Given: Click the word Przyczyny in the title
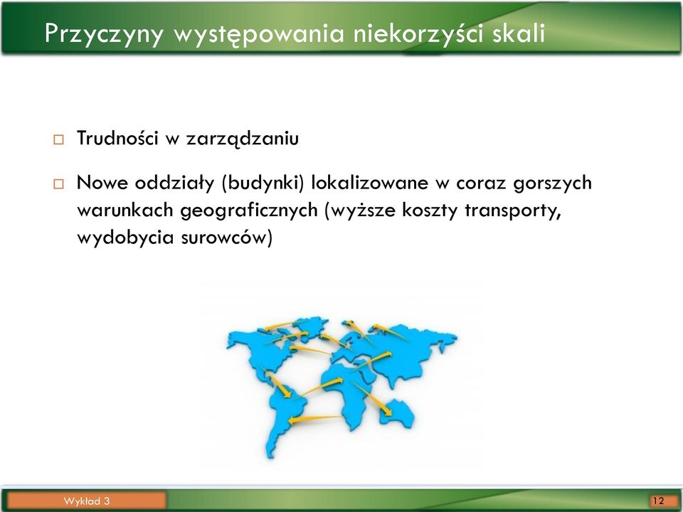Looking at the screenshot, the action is pyautogui.click(x=104, y=33).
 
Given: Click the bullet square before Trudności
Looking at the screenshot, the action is pyautogui.click(x=58, y=140).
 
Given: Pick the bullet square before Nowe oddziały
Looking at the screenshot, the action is pyautogui.click(x=58, y=183).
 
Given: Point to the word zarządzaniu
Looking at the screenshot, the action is pyautogui.click(x=242, y=139).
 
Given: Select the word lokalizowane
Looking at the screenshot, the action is pyautogui.click(x=369, y=182).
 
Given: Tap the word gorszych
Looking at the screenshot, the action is pyautogui.click(x=552, y=183).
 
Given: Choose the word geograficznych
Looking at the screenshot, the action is pyautogui.click(x=249, y=210).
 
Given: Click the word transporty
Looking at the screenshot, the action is pyautogui.click(x=512, y=210).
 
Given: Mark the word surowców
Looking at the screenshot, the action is pyautogui.click(x=226, y=238).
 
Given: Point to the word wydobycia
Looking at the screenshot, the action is pyautogui.click(x=125, y=238).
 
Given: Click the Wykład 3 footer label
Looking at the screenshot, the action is pyautogui.click(x=86, y=501).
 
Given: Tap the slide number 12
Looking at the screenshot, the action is pyautogui.click(x=658, y=501).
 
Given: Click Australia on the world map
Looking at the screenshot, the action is pyautogui.click(x=397, y=412).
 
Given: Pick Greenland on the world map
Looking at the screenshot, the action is pyautogui.click(x=312, y=327).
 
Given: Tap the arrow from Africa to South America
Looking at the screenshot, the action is pyautogui.click(x=316, y=419).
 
